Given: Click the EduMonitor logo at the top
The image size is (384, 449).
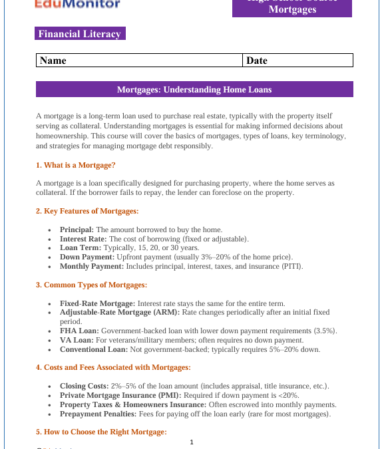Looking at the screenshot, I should coord(77,4).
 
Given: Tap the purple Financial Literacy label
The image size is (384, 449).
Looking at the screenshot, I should coord(80,34).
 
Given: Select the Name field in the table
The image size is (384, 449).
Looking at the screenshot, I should coord(140,61).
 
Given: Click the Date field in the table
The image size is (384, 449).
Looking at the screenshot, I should coord(297,61).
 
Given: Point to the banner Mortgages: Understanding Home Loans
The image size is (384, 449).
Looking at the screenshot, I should coord(194,89).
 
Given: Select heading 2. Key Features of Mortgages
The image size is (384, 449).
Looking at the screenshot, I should coord(87,211).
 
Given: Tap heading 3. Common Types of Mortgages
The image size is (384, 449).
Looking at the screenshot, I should coord(91,285).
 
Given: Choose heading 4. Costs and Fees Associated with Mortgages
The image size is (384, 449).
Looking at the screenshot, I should coord(113,367).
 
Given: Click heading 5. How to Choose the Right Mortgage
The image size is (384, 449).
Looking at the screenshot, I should coord(100,432).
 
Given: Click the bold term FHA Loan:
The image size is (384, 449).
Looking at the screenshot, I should coord(79,331).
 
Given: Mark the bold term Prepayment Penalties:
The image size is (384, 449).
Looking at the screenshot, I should coord(97,414).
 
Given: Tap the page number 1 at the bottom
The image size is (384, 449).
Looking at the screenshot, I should coord(192,442).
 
